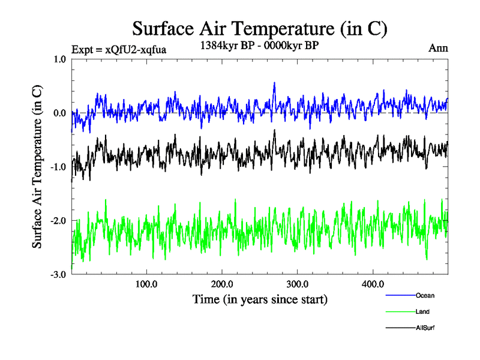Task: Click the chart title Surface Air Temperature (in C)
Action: coord(260,28)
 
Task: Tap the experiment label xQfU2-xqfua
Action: coord(118,49)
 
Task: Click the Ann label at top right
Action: coord(438,48)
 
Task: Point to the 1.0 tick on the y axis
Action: coord(60,59)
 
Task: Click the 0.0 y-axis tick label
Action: coord(60,113)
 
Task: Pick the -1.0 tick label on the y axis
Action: coord(59,167)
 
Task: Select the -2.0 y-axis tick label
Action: coord(59,221)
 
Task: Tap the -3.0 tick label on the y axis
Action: coord(59,275)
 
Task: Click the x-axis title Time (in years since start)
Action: coord(260,299)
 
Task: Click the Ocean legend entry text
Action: coord(425,295)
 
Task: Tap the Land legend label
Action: coord(422,311)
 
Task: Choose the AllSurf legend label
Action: coord(425,328)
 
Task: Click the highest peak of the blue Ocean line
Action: coord(274,83)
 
